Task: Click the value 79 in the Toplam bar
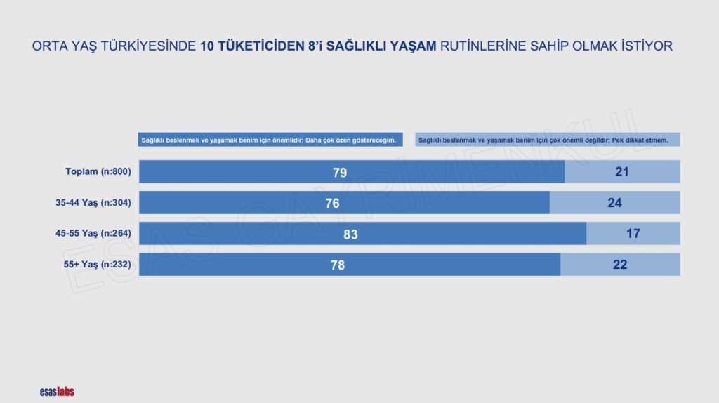coord(340,173)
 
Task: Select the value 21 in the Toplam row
coord(622,171)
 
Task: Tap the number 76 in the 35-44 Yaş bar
coord(332,203)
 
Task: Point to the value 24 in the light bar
coord(614,203)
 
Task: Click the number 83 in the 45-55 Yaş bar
coord(350,234)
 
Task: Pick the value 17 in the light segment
coord(633,233)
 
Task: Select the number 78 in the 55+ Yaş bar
coord(338,265)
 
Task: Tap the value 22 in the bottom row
coord(620,265)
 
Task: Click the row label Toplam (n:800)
coord(98,171)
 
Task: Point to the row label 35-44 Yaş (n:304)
coord(93,203)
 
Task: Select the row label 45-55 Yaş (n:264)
coord(93,233)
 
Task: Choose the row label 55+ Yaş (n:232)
coord(97,265)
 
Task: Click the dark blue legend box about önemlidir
coord(270,140)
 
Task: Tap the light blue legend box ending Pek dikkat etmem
coord(548,140)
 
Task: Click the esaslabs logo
coord(57,392)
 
